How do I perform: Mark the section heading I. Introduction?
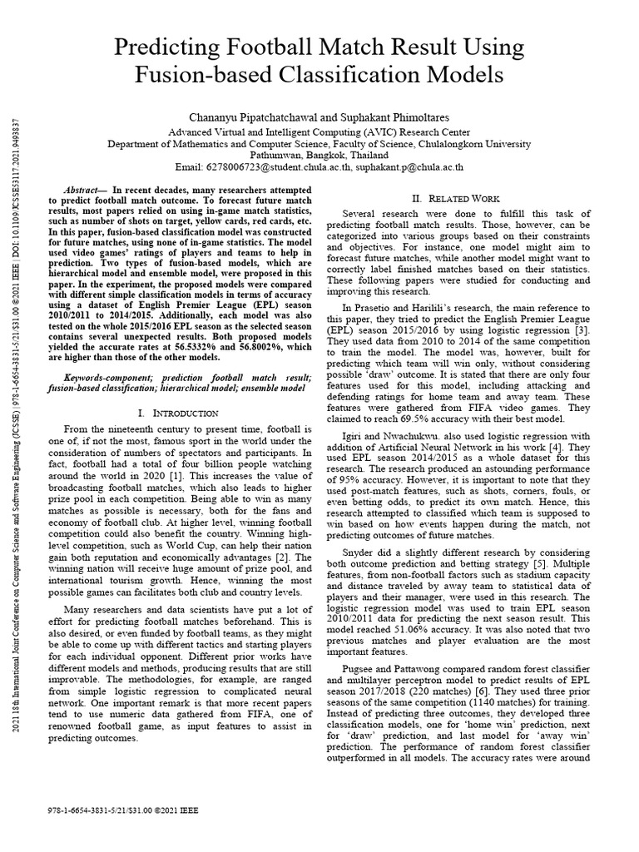tap(176, 413)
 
